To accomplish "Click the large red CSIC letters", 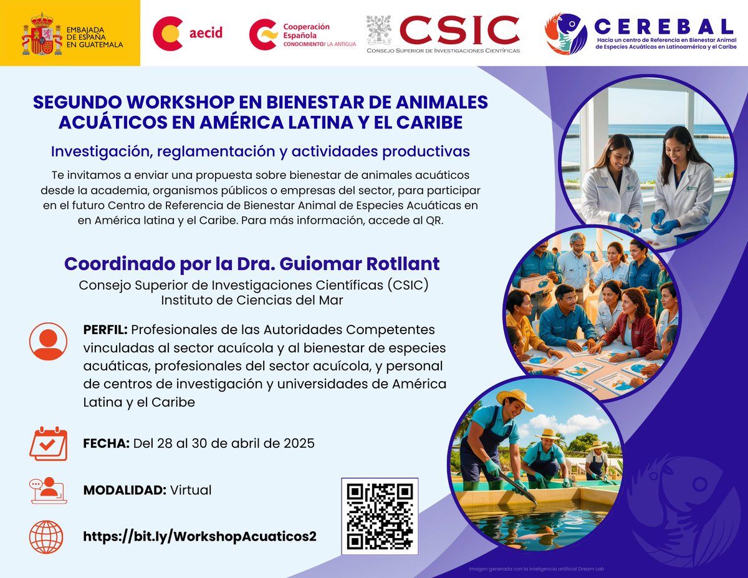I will (459, 30).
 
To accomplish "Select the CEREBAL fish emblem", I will (565, 34).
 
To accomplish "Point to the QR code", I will (380, 516).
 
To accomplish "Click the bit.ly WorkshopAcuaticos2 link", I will (199, 537).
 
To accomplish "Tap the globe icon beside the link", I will (47, 537).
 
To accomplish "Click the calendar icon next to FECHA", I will (48, 443).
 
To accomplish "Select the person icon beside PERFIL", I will (47, 342).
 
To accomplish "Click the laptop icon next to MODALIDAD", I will (47, 491).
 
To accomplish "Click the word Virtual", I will (191, 490).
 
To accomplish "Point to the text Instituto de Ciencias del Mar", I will (252, 299).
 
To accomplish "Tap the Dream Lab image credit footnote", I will (538, 569).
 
